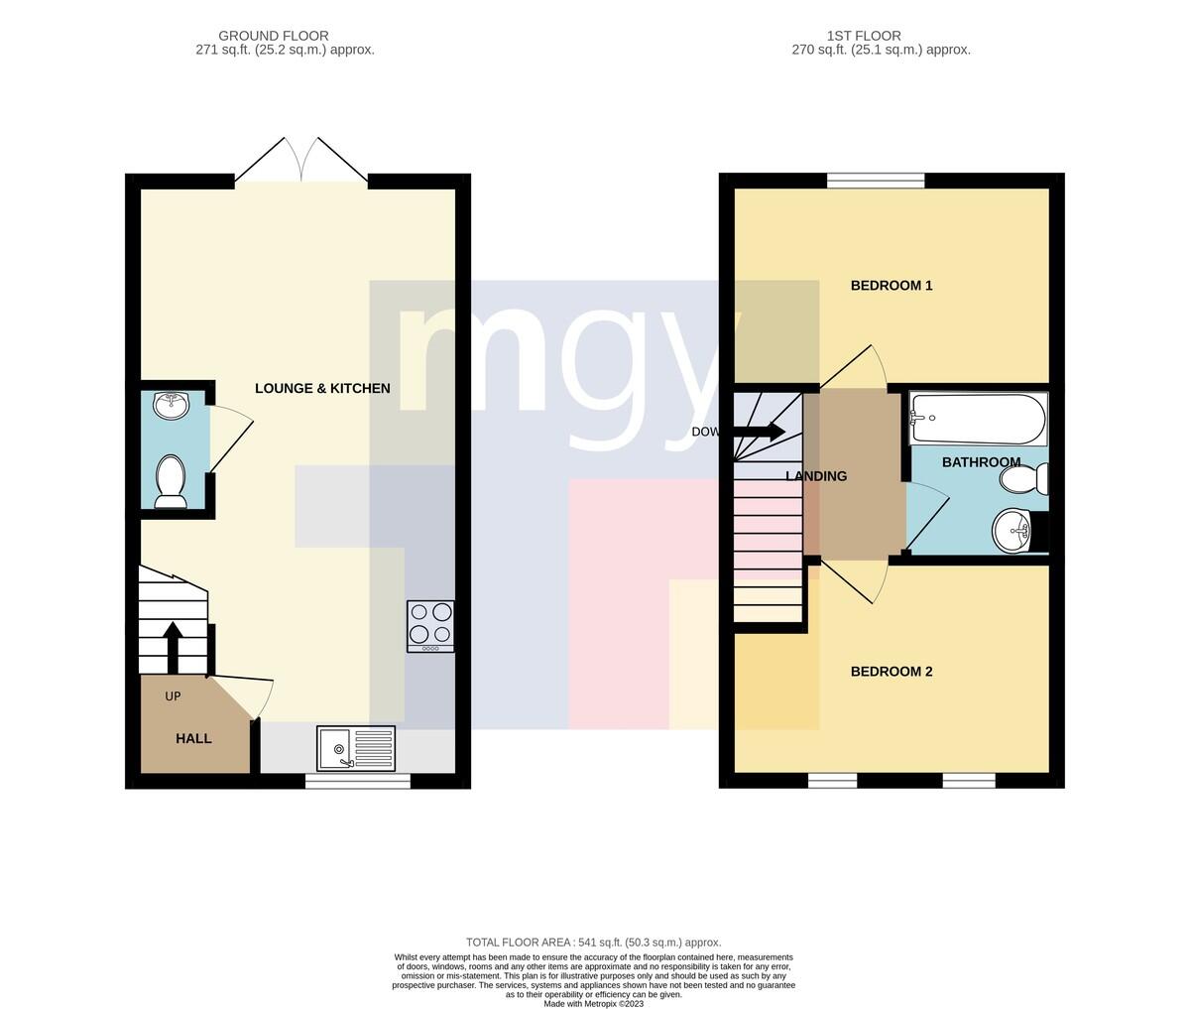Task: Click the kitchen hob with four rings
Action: pos(430,627)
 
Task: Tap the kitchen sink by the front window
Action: pos(356,749)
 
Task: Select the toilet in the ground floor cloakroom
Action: pos(171,482)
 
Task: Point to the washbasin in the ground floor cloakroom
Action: pos(171,405)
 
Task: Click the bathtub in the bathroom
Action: pos(978,419)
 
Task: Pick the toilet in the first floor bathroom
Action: pos(1024,479)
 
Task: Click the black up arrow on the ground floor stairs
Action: pos(173,647)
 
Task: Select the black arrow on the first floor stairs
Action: pos(759,432)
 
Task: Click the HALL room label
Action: pos(193,738)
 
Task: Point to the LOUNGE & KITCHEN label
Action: pos(322,388)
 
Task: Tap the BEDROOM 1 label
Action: pos(892,285)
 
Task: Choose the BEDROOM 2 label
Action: pos(892,671)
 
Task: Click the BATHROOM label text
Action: pos(981,462)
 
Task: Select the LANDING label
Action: pos(816,476)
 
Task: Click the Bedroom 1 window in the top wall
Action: pos(876,181)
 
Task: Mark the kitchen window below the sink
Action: pos(358,781)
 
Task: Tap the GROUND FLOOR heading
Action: pos(274,36)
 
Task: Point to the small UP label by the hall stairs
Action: pos(173,696)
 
